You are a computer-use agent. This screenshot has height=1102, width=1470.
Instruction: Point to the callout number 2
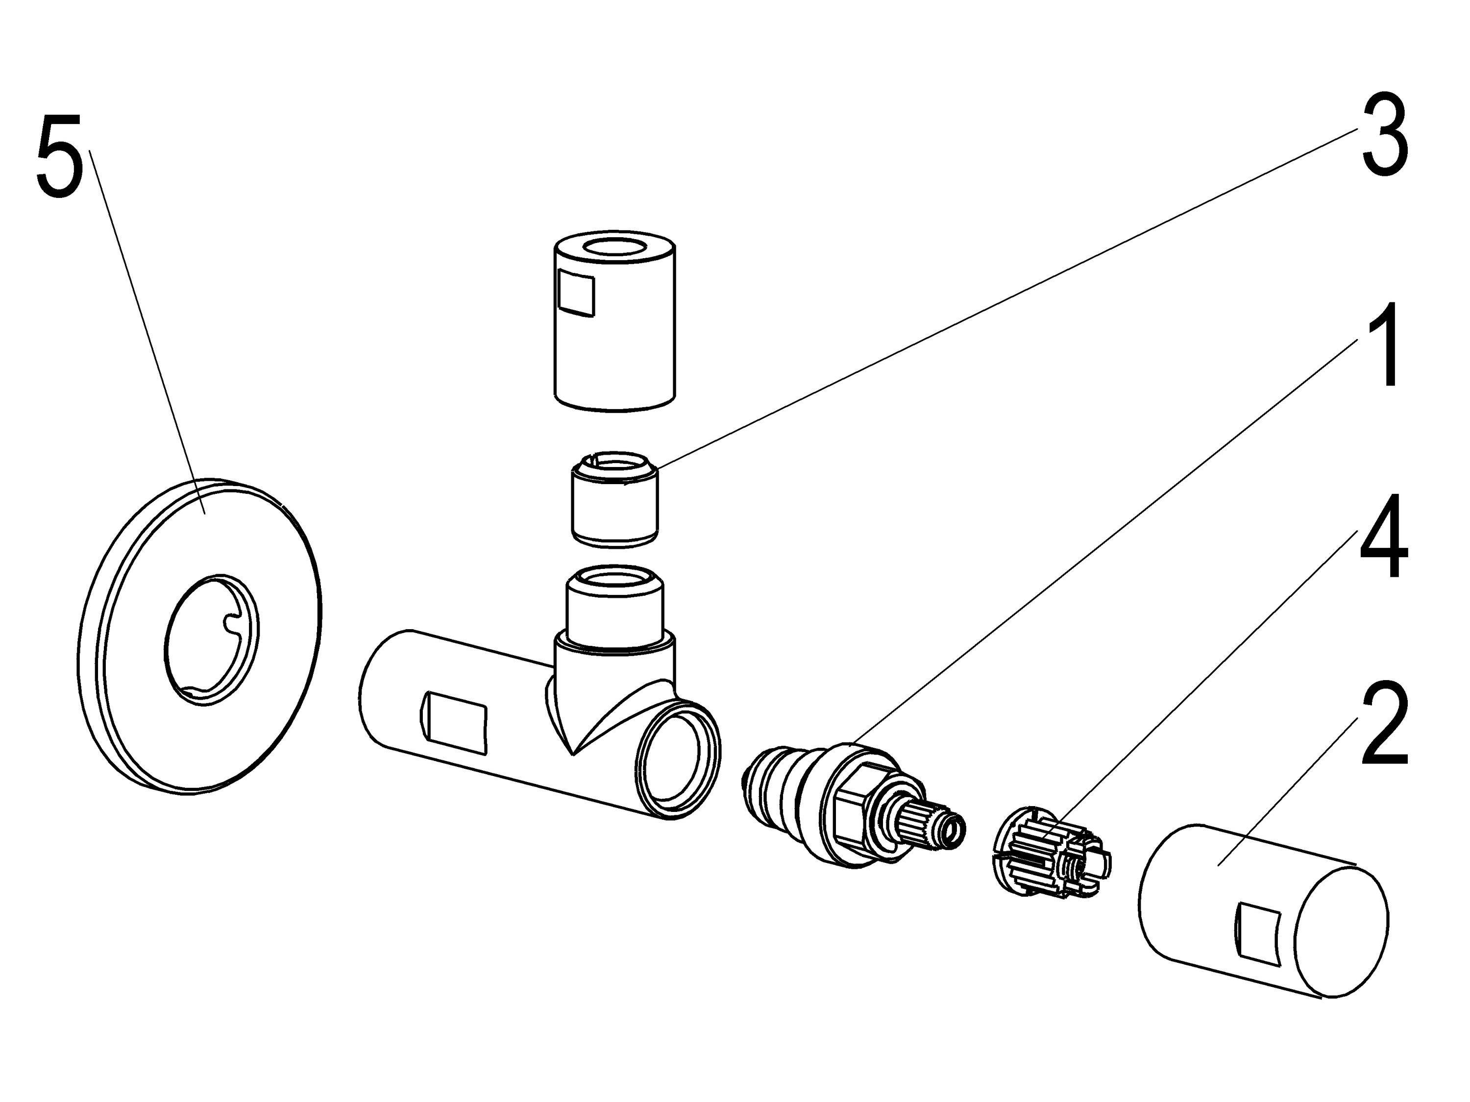coord(1384,725)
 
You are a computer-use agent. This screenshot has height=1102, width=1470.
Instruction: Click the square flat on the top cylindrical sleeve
coord(576,293)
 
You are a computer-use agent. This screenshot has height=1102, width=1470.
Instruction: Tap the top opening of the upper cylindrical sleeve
coord(615,248)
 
